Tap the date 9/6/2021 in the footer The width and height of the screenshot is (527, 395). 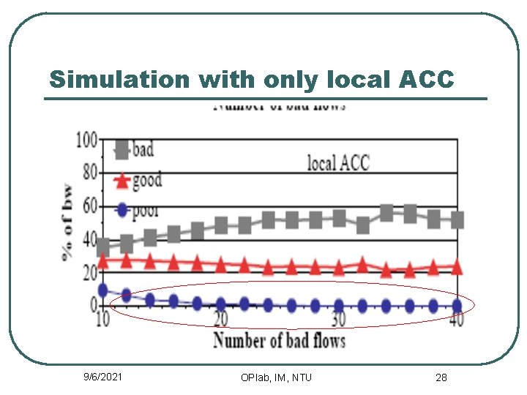point(103,377)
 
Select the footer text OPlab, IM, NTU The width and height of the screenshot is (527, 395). point(276,377)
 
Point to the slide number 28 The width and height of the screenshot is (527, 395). point(441,377)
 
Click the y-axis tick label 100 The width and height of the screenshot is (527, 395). point(86,139)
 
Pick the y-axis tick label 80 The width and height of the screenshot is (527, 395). point(89,173)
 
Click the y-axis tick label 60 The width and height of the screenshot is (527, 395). point(89,207)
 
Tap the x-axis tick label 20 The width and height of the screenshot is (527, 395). point(220,320)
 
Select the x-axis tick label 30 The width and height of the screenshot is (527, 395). point(338,320)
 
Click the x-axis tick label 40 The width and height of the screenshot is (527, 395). point(455,320)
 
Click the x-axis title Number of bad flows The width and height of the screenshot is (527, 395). point(279,340)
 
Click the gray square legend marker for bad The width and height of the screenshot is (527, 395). point(122,151)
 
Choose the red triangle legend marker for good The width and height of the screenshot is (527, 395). point(122,181)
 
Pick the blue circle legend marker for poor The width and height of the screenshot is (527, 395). point(122,211)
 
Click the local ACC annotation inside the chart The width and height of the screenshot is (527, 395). point(338,162)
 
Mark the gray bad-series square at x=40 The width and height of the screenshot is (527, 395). point(457,219)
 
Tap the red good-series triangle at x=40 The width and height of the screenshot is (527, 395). point(457,268)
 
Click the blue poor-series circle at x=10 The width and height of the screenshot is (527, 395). point(103,290)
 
